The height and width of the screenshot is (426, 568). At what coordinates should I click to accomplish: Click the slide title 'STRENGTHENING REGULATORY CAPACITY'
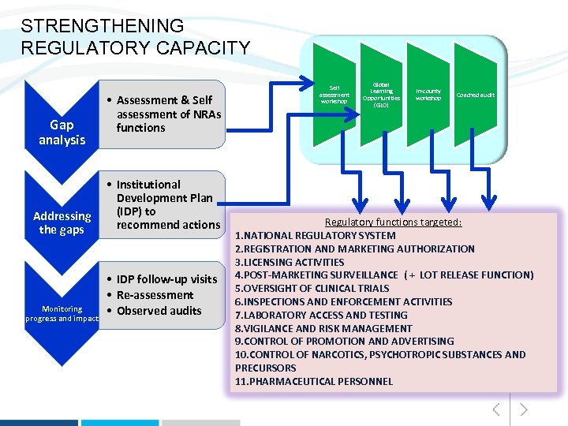tap(135, 37)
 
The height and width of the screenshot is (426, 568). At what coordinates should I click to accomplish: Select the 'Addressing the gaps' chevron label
tap(62, 222)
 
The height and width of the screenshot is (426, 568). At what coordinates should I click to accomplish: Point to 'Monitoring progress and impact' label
tap(62, 313)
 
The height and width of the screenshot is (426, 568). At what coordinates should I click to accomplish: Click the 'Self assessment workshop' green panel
tap(334, 95)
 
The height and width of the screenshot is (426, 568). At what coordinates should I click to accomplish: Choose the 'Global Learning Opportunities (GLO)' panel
tap(381, 95)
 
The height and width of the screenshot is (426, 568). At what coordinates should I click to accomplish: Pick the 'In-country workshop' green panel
tap(428, 95)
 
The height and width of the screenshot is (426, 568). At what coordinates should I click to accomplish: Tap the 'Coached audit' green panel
tap(476, 95)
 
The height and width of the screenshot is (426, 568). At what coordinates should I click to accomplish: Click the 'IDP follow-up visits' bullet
tap(166, 279)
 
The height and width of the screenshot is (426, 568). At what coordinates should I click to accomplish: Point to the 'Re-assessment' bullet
tap(155, 295)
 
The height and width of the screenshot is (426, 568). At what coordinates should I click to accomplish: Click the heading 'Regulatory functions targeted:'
tap(393, 222)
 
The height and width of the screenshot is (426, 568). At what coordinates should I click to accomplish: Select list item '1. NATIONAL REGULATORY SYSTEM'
tap(316, 235)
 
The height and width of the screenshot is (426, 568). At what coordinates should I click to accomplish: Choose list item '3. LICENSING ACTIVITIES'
tap(290, 262)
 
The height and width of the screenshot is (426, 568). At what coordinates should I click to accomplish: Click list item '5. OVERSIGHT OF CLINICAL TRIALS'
tap(312, 288)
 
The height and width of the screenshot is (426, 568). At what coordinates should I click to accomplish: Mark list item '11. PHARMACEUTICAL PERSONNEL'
tap(314, 381)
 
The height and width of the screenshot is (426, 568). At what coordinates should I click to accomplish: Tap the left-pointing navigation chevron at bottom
tap(496, 409)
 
